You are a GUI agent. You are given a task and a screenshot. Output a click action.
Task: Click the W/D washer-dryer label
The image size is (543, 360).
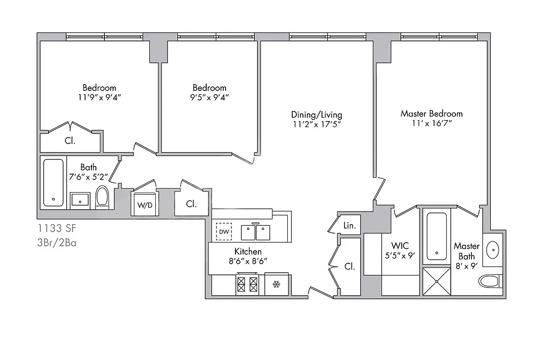click(x=145, y=205)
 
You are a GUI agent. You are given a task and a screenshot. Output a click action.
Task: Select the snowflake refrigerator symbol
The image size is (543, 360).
click(x=276, y=284)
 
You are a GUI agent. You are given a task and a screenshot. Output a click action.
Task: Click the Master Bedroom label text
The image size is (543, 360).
click(x=431, y=113)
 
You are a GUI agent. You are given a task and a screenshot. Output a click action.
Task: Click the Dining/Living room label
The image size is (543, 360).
click(x=316, y=114)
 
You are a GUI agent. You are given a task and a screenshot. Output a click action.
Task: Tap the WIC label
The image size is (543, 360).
click(x=400, y=246)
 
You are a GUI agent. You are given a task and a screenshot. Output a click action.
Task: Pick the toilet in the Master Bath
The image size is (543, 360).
click(x=490, y=282)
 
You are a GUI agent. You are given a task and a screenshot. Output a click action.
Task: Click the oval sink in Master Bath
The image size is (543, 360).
click(x=493, y=248)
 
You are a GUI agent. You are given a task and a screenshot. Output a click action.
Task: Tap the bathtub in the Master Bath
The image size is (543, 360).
click(x=436, y=236)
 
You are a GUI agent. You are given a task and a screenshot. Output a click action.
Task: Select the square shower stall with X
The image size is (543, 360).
click(x=436, y=281)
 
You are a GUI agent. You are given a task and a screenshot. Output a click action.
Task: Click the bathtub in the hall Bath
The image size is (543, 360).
click(x=54, y=182)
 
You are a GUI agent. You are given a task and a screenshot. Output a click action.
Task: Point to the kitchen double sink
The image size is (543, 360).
click(x=255, y=232)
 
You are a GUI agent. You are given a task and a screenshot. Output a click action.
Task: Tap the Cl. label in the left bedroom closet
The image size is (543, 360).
click(x=70, y=140)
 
